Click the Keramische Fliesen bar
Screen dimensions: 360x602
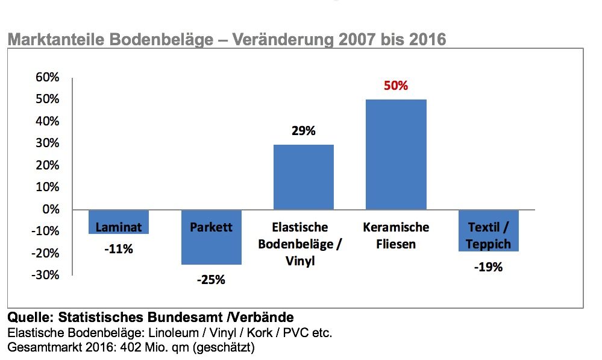point(396,154)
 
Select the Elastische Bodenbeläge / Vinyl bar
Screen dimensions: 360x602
point(303,177)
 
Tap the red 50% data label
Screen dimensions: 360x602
point(396,86)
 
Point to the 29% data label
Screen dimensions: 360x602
point(303,130)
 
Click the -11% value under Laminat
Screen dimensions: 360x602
point(118,248)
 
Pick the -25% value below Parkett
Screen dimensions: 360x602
point(211,280)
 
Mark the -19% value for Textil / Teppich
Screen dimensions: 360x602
point(488,267)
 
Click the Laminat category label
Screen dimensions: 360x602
point(119,227)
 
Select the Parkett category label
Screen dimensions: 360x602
point(211,227)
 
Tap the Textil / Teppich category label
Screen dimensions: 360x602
point(488,236)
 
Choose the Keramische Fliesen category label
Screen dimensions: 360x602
point(396,236)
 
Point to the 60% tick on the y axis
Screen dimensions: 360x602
point(48,77)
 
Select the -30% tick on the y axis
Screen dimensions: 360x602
point(46,275)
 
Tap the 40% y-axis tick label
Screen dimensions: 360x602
point(48,121)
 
